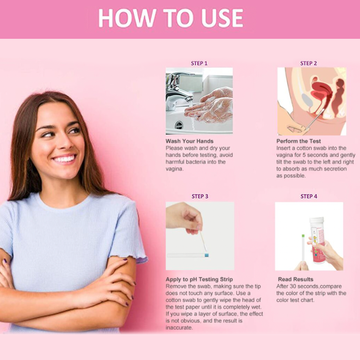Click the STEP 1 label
pos(199,63)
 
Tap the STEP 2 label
pos(308,63)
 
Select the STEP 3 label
pos(200,196)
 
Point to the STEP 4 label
pos(309,196)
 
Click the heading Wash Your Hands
pos(190,141)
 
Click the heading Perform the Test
pos(298,141)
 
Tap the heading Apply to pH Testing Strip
pos(199,280)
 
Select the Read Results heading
pos(296,279)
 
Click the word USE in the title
pos(222,18)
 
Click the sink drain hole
pos(179,125)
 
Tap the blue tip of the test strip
pos(206,255)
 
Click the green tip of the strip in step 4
pos(303,236)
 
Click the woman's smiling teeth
pos(65,159)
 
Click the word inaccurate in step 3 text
pos(179,328)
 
